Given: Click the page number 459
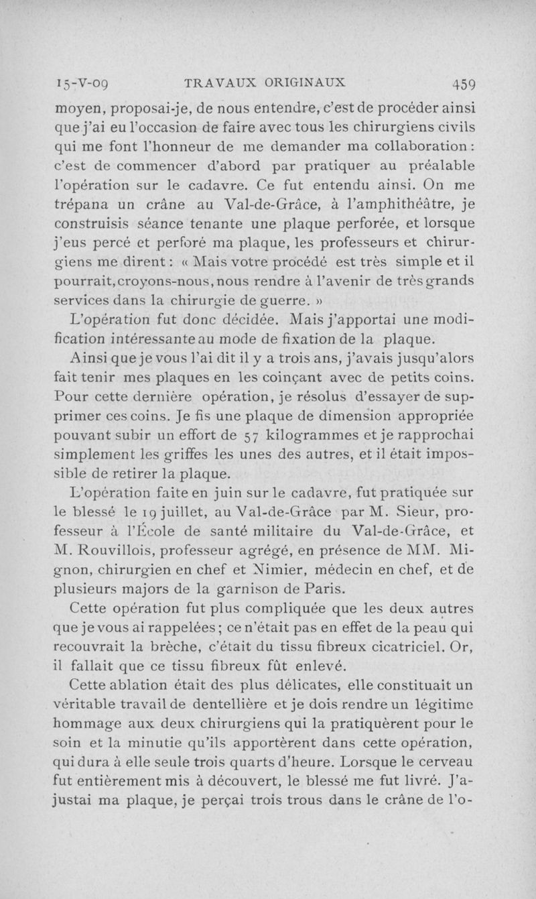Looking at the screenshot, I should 464,84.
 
